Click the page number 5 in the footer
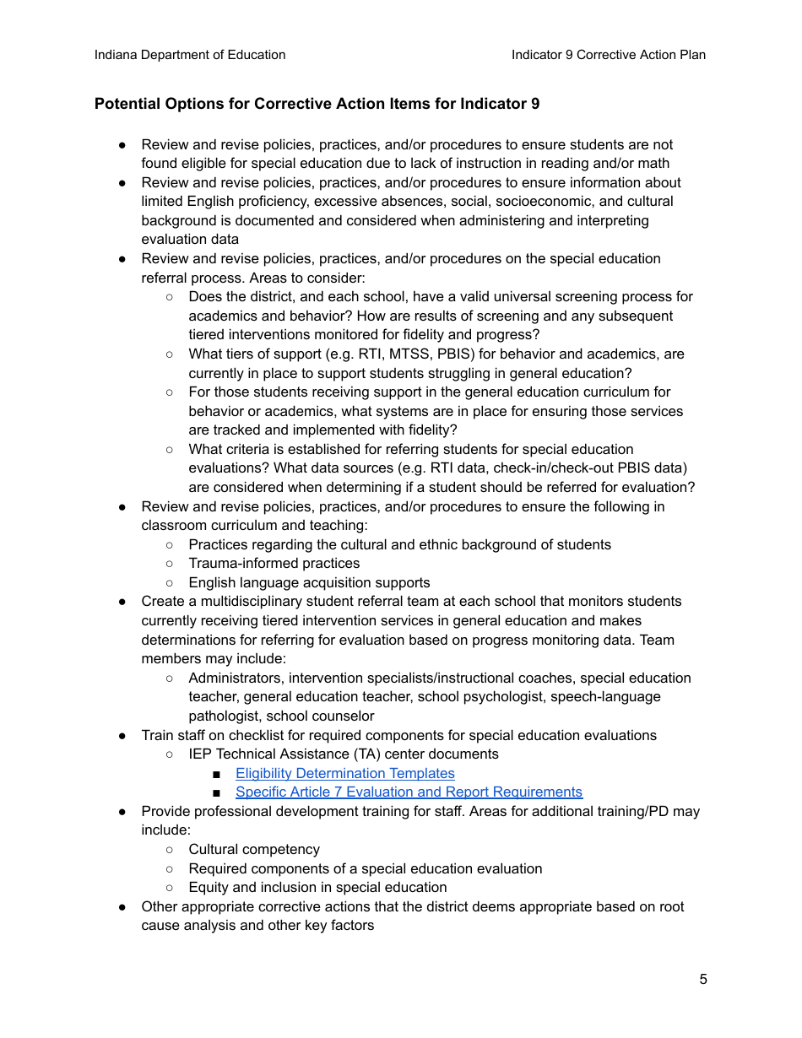point(703,980)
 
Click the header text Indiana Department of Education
point(190,55)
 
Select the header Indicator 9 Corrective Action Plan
point(608,55)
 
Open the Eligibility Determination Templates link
point(344,773)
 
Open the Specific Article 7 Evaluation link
point(409,792)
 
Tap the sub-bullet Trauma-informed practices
point(274,564)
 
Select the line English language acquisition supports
point(309,583)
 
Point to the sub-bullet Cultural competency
point(254,850)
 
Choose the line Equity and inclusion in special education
point(317,888)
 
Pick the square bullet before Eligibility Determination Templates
point(217,774)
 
